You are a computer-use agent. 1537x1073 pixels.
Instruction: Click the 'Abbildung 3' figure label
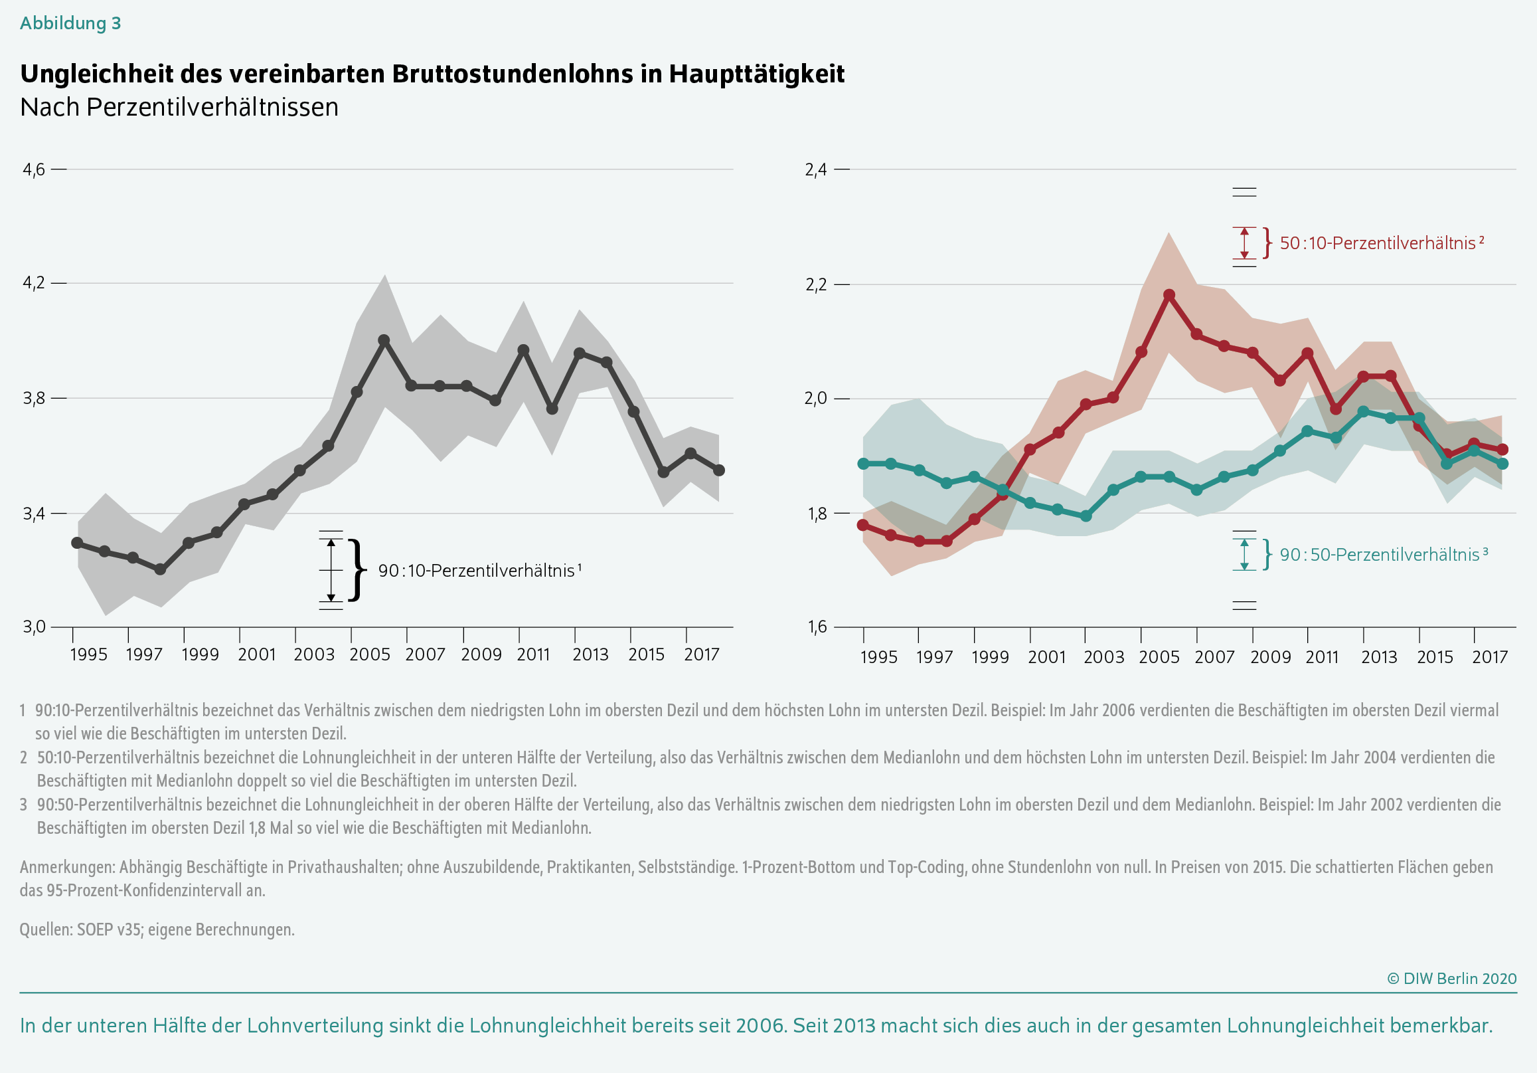click(x=70, y=23)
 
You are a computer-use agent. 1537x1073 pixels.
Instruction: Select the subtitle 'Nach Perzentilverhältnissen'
click(x=179, y=107)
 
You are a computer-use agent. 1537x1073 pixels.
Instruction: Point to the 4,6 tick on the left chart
click(x=34, y=169)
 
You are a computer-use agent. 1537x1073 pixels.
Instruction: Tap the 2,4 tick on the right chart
click(x=816, y=169)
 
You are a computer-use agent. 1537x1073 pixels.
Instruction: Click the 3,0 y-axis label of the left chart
click(x=34, y=627)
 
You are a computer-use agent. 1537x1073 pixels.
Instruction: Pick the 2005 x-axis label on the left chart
click(x=370, y=654)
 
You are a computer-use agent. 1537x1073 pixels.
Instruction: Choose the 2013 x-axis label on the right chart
click(x=1379, y=656)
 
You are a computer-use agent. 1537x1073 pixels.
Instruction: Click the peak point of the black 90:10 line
click(x=384, y=340)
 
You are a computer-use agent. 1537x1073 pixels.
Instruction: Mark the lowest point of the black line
click(x=160, y=569)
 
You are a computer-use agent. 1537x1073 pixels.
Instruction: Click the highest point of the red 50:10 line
click(x=1169, y=295)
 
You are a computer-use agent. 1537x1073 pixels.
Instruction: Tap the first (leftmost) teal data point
click(x=864, y=464)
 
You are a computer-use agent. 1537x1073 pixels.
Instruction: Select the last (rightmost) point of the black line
click(x=719, y=470)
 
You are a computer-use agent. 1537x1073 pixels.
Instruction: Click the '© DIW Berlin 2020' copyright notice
click(x=1451, y=979)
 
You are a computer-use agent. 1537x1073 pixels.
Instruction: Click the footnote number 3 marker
click(x=23, y=805)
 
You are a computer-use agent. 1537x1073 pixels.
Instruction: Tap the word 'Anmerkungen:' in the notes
click(x=68, y=868)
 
